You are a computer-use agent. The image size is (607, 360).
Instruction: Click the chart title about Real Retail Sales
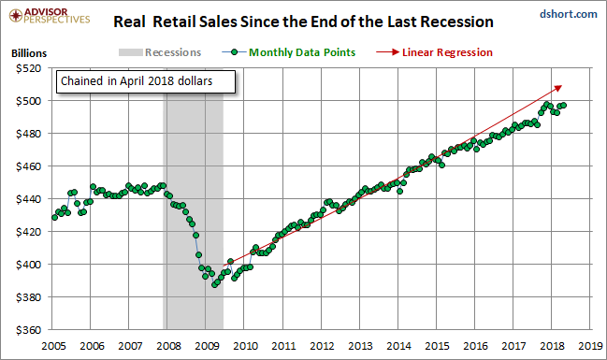(303, 22)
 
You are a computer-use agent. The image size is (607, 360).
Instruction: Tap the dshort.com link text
(569, 14)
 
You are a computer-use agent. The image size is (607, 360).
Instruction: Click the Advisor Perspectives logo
(50, 16)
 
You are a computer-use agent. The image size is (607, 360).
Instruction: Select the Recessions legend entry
(160, 52)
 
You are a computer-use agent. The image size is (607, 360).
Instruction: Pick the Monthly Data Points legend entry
(289, 52)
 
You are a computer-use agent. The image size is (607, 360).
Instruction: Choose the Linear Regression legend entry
(434, 52)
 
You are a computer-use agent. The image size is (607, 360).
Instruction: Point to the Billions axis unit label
(29, 53)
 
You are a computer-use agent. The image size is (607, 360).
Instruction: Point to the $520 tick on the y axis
(28, 68)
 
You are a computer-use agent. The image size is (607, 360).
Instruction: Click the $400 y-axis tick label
(28, 265)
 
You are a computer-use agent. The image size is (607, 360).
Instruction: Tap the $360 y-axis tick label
(28, 330)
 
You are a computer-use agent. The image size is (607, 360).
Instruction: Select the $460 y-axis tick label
(28, 166)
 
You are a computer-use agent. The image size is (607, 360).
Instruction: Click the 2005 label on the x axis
(53, 346)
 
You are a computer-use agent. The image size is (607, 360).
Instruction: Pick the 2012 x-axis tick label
(322, 346)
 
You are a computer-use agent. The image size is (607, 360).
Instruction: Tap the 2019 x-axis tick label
(591, 346)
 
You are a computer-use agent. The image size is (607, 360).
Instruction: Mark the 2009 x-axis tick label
(207, 346)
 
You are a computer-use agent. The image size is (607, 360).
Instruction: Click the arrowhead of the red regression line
(558, 88)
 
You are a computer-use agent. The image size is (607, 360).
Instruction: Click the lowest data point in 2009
(214, 285)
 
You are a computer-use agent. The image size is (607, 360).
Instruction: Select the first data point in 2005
(54, 218)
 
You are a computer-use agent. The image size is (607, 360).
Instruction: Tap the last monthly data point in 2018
(564, 106)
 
